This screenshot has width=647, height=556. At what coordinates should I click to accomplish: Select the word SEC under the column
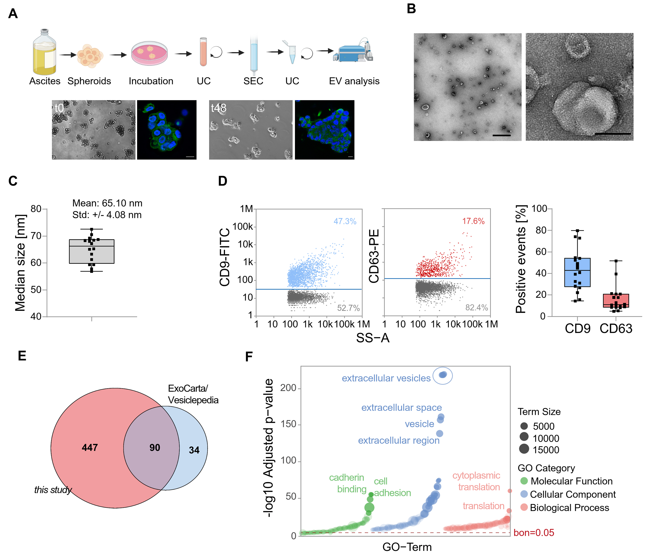(x=253, y=81)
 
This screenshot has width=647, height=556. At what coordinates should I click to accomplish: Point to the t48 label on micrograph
(x=219, y=108)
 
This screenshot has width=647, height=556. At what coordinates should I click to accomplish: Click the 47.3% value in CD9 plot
(x=345, y=221)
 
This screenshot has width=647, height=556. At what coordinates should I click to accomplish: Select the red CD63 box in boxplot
(x=616, y=301)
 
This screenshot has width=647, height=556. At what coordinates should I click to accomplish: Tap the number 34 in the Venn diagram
(x=194, y=450)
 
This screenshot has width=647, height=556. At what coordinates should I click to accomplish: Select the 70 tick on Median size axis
(x=36, y=236)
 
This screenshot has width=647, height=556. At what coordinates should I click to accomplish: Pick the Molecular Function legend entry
(x=571, y=481)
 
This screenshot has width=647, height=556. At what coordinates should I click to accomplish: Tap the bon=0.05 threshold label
(x=534, y=533)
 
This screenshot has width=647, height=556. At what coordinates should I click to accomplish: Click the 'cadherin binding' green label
(x=347, y=483)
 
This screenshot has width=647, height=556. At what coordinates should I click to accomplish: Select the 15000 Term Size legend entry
(x=545, y=450)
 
